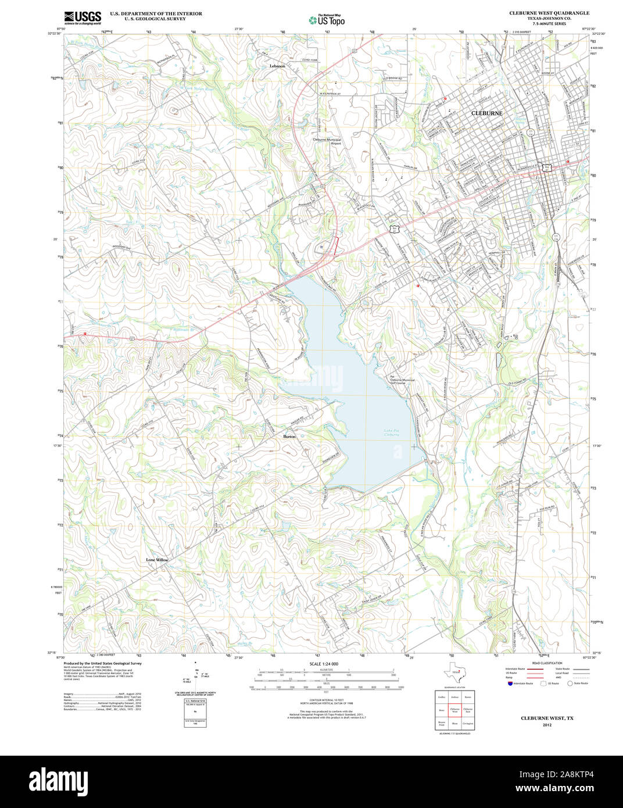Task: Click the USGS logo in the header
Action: coord(82,17)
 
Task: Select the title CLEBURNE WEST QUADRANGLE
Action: coord(549,13)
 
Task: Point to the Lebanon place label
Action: coord(277,66)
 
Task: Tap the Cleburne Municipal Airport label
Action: coord(327,141)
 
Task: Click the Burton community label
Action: coord(289,436)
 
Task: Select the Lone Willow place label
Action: coord(157,560)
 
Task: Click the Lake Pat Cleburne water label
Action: coord(392,432)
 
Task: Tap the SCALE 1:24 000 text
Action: coord(324,664)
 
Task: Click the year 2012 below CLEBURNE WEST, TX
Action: coord(546,725)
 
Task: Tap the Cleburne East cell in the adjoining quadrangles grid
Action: coord(468,710)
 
